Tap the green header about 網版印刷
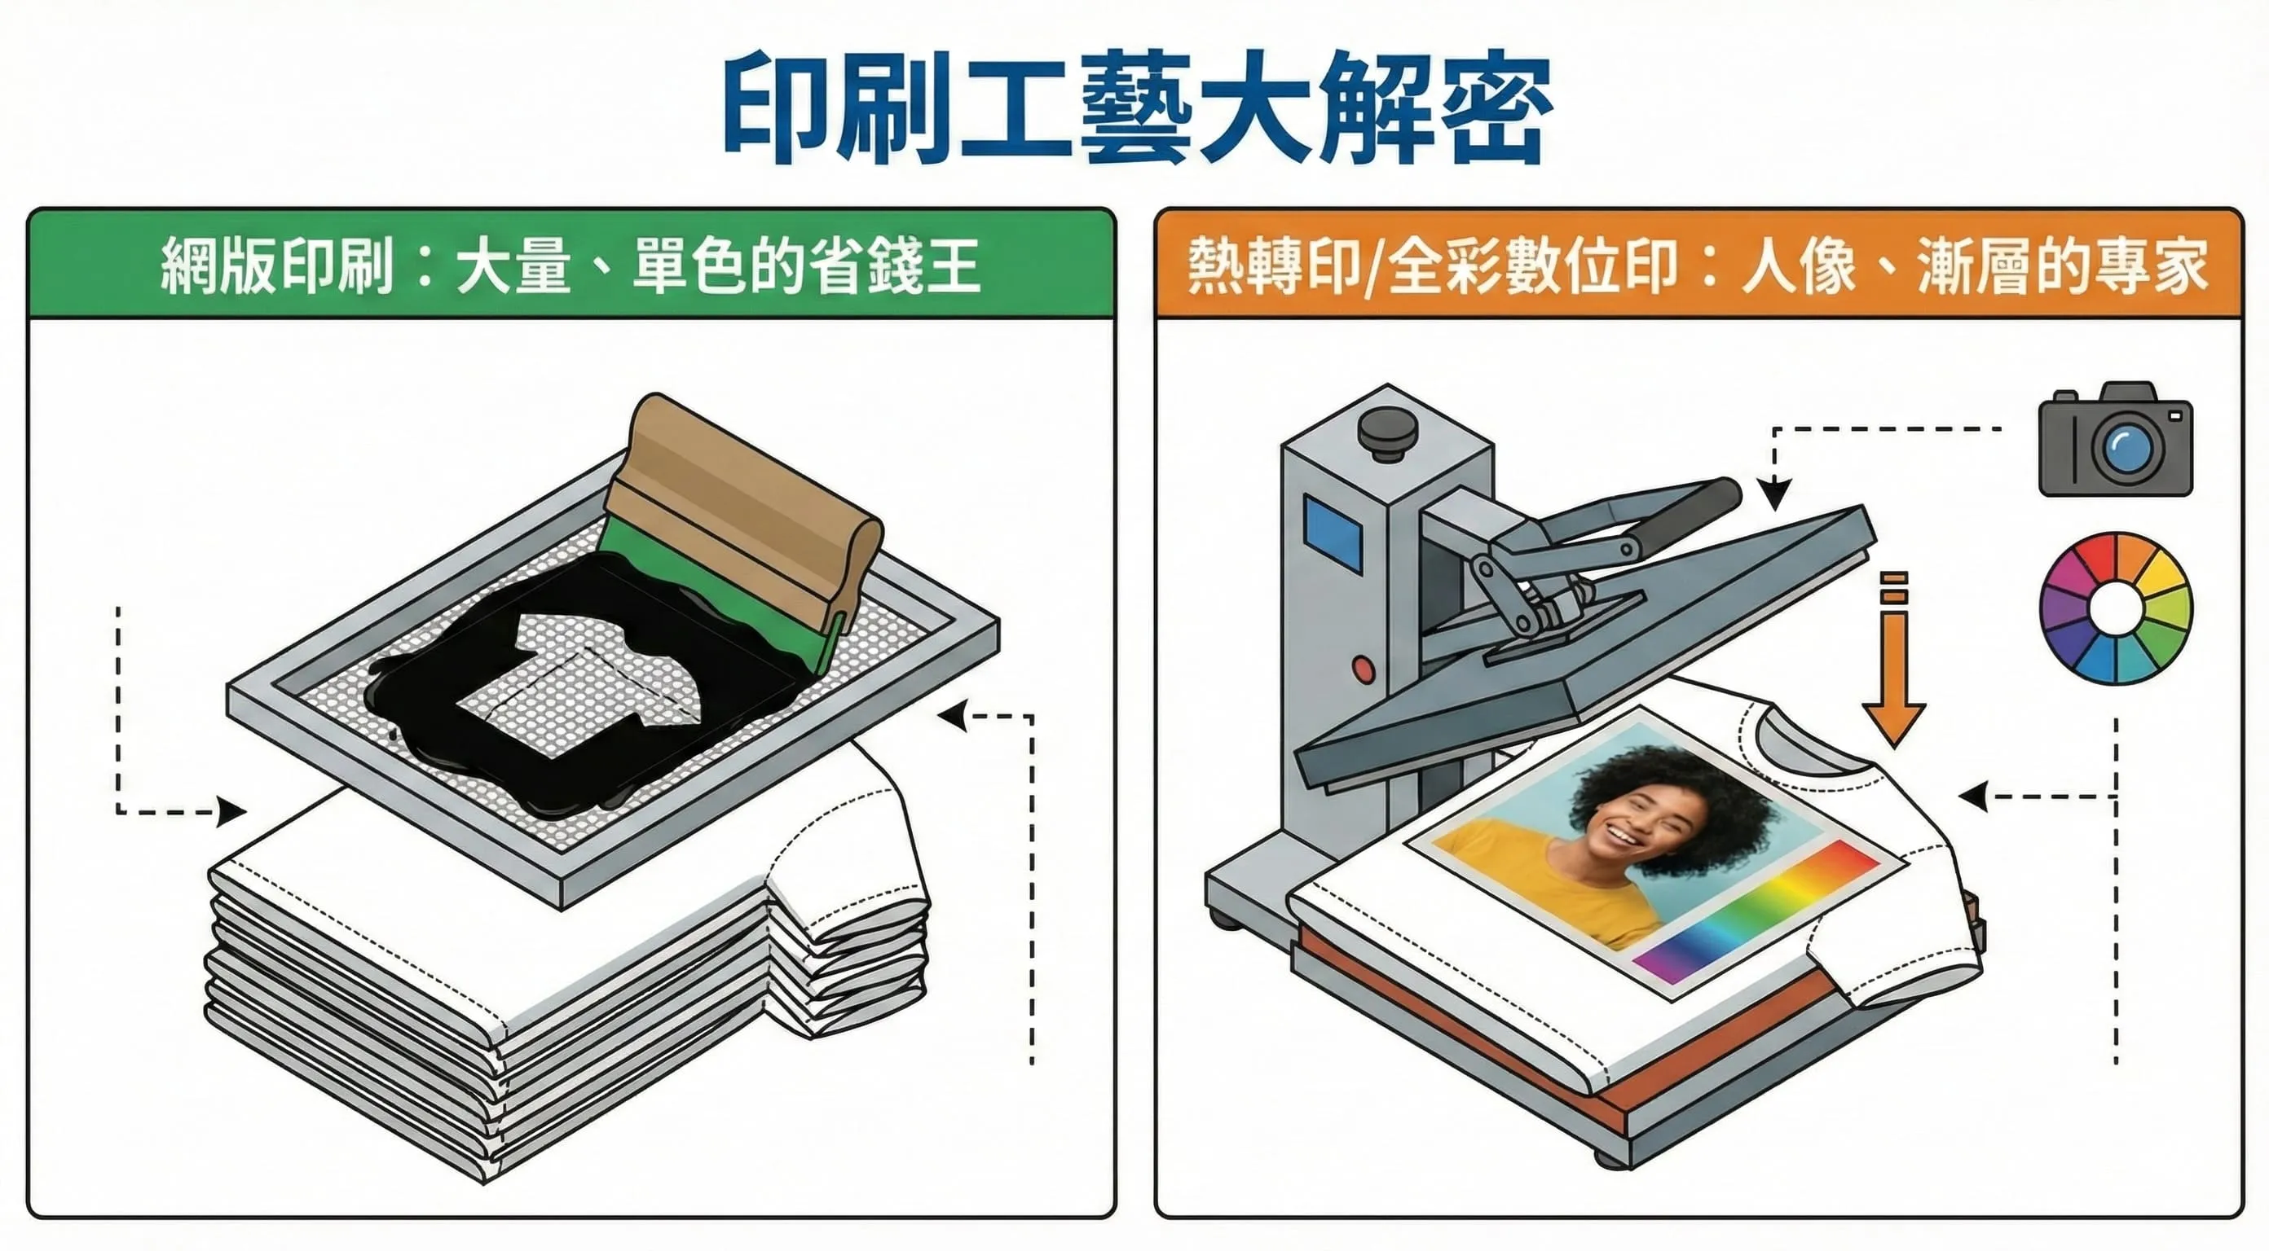[x=571, y=265]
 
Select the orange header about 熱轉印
[x=1698, y=265]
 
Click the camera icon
[x=2115, y=440]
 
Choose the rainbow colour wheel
[x=2116, y=608]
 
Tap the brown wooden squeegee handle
[x=749, y=493]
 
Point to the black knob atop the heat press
[x=1386, y=432]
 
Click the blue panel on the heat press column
[x=1333, y=533]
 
